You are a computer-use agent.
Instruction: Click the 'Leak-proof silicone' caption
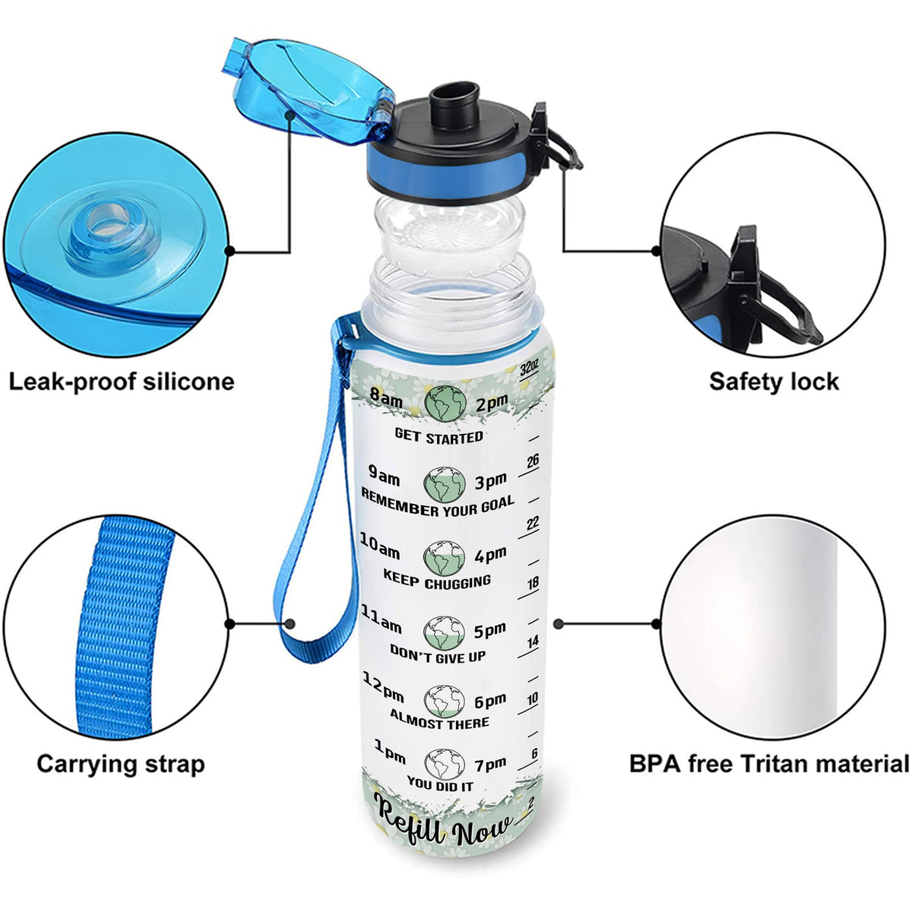tap(122, 381)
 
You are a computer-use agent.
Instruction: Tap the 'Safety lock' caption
tap(774, 381)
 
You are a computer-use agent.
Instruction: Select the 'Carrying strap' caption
tap(121, 763)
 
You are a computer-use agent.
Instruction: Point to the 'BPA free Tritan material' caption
tap(769, 763)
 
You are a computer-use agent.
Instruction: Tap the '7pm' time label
tap(491, 763)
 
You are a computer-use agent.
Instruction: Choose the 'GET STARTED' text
tap(439, 436)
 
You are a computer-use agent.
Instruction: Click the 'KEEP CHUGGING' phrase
tap(437, 581)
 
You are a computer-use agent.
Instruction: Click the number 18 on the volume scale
tap(533, 584)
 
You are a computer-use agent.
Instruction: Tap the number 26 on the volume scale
tap(533, 461)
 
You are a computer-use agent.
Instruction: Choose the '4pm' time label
tap(490, 556)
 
